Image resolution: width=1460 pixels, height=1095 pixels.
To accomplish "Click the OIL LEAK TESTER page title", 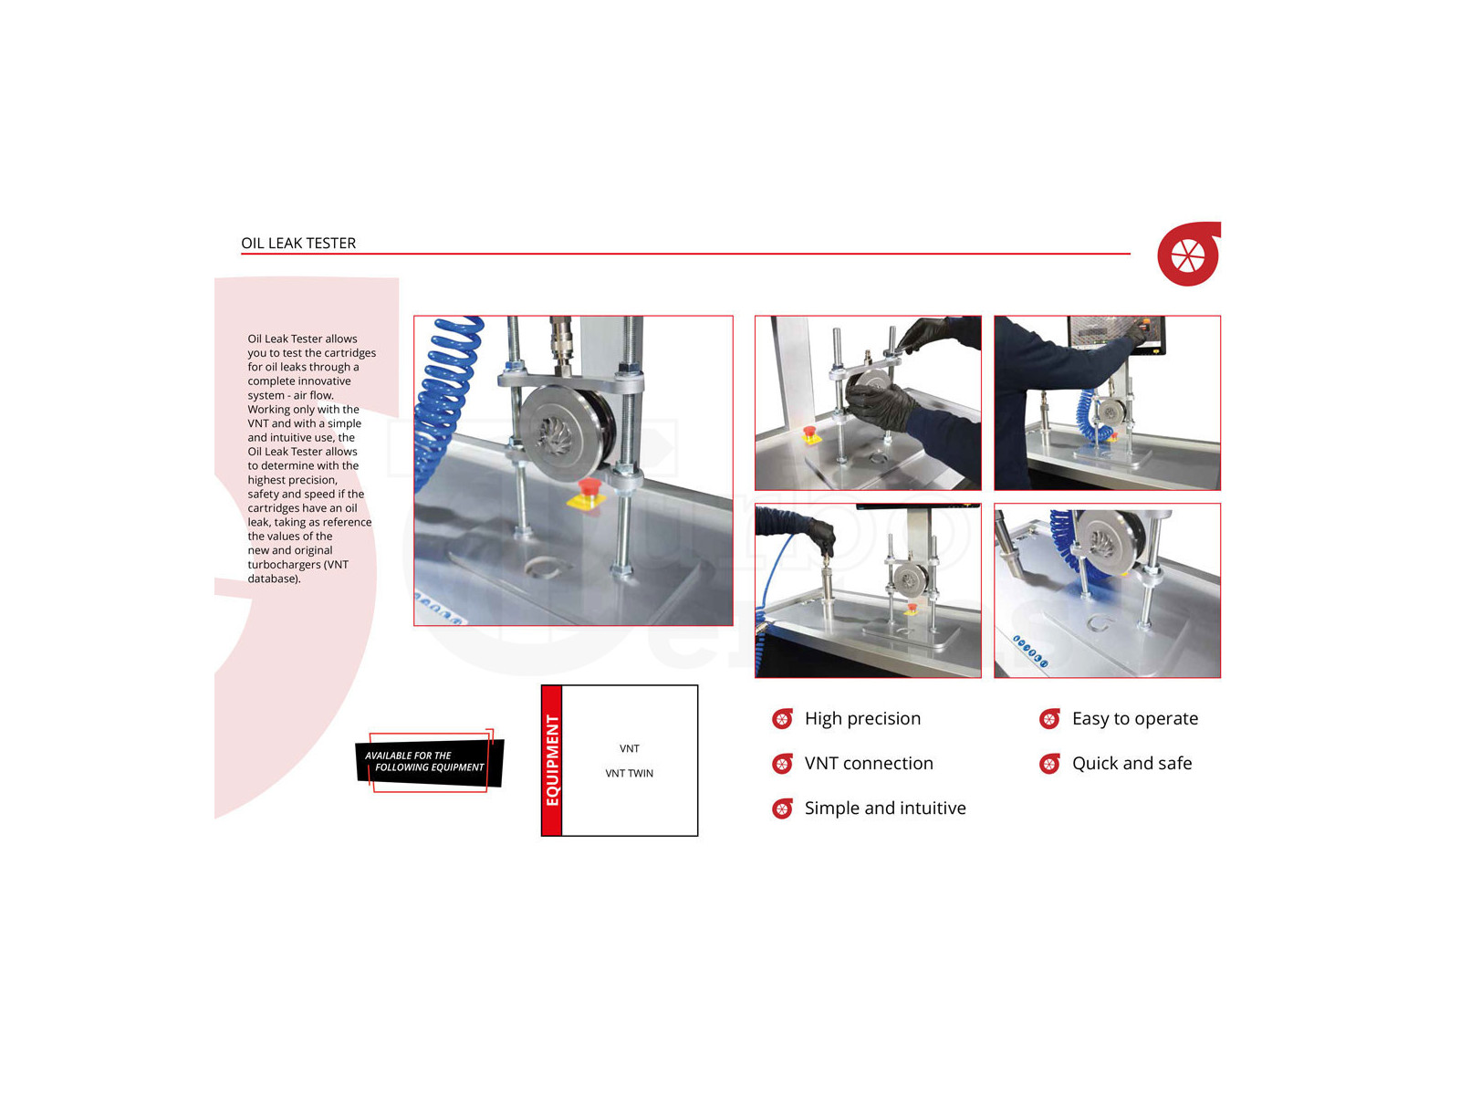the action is (298, 243).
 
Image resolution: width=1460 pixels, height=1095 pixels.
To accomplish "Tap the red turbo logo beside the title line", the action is (1189, 254).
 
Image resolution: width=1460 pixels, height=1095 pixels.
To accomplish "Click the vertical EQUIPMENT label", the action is (552, 760).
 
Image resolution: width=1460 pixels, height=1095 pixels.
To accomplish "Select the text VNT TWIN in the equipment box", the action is (629, 773).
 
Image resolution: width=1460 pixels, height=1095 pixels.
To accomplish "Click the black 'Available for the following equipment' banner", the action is (430, 761).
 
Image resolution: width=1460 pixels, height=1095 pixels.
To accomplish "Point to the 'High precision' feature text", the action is (862, 719).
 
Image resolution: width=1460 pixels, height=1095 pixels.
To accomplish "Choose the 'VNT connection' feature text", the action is (869, 763).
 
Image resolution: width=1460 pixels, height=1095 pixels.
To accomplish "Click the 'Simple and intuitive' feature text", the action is (884, 808).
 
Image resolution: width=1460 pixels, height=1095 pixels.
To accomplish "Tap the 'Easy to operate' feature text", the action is (1135, 719).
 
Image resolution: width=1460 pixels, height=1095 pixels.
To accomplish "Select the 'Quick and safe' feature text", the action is (1131, 763).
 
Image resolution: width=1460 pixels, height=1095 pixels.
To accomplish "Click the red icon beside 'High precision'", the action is (782, 719).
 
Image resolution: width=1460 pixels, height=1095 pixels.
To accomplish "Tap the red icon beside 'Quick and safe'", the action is (1049, 763).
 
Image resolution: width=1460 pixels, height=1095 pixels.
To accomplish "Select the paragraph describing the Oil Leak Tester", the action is (311, 459).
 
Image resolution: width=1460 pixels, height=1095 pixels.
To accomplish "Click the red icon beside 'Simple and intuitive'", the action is (782, 808).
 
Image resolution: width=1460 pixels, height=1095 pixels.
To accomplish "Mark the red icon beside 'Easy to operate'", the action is (1049, 719).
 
